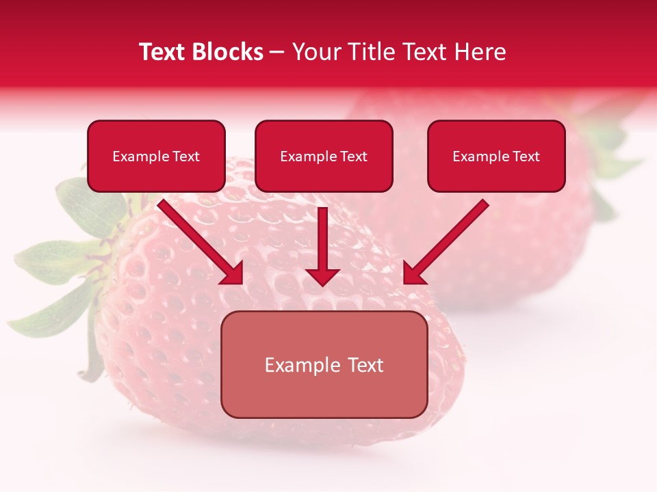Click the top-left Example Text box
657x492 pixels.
[x=156, y=156]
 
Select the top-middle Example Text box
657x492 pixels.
[x=324, y=156]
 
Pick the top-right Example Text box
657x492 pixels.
[x=496, y=156]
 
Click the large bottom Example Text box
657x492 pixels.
[x=324, y=365]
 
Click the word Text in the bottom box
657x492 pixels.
[x=365, y=365]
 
